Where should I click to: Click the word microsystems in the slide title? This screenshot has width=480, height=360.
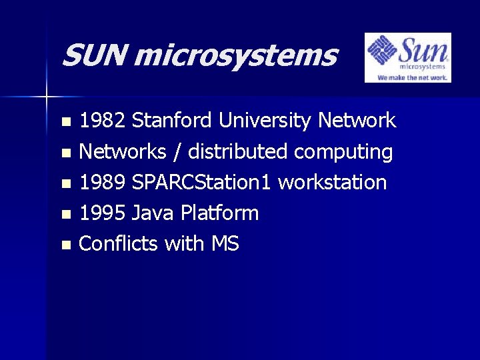pyautogui.click(x=235, y=56)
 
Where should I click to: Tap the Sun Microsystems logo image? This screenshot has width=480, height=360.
pyautogui.click(x=407, y=58)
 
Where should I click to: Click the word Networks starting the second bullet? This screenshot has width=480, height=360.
pyautogui.click(x=122, y=152)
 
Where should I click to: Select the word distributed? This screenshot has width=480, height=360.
pyautogui.click(x=238, y=152)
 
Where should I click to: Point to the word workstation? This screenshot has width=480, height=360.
pyautogui.click(x=332, y=183)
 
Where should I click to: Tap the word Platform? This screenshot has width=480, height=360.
pyautogui.click(x=221, y=213)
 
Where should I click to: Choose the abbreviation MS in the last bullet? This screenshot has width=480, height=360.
pyautogui.click(x=225, y=244)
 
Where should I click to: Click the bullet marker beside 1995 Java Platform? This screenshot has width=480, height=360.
pyautogui.click(x=65, y=215)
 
